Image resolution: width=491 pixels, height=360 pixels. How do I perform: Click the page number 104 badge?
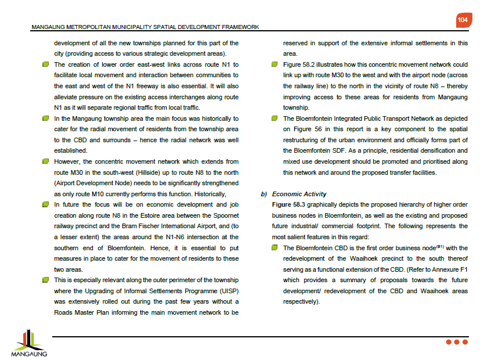click(463, 20)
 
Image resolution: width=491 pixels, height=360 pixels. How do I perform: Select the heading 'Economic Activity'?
click(299, 194)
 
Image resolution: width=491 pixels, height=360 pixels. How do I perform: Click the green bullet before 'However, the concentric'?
click(45, 161)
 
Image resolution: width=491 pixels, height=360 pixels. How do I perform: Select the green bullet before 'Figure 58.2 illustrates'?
click(275, 64)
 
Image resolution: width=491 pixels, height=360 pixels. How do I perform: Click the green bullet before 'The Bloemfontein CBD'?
click(275, 248)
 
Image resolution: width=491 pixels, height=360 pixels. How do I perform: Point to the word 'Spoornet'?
click(226, 215)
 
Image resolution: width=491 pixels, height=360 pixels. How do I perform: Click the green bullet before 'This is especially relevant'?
click(45, 280)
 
